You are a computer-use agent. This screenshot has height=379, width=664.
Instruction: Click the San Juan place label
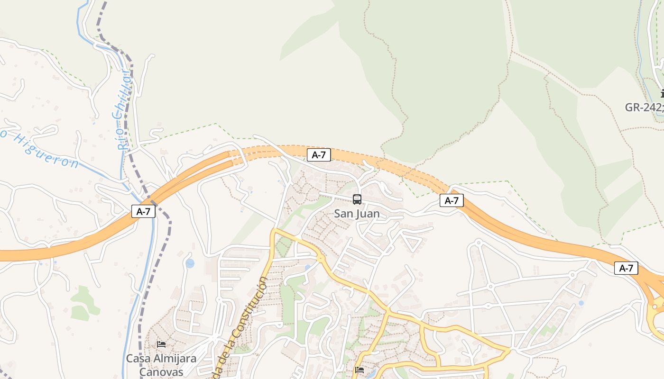coord(357,214)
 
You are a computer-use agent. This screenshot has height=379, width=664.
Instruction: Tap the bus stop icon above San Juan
coord(357,199)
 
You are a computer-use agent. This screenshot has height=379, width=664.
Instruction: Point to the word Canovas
coord(161,372)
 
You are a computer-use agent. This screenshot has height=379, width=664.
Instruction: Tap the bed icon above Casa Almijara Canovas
coord(161,344)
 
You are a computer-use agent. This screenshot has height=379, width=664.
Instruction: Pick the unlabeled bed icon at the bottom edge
coord(360,370)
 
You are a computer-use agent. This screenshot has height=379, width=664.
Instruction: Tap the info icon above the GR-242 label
coord(662,94)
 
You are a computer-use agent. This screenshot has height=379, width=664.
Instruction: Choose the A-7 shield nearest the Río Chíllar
coord(143,211)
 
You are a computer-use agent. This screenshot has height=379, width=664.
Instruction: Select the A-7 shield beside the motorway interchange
coord(626,268)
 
